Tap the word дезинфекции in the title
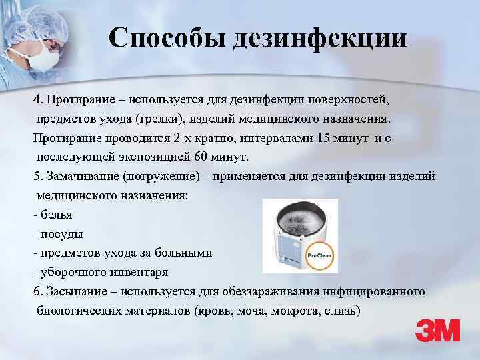319,38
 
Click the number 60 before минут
203,157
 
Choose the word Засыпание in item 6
77,293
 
